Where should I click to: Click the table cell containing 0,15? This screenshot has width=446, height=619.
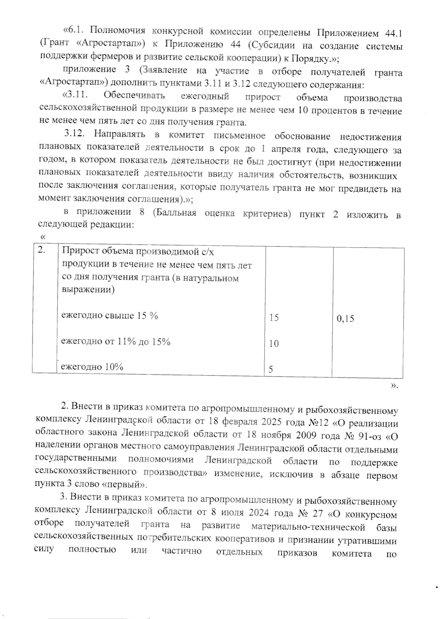pyautogui.click(x=345, y=319)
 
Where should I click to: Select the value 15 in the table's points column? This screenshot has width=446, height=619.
pyautogui.click(x=274, y=318)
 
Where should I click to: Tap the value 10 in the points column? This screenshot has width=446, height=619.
pyautogui.click(x=274, y=344)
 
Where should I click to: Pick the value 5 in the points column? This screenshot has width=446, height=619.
pyautogui.click(x=271, y=369)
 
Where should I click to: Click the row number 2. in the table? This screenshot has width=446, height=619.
pyautogui.click(x=42, y=251)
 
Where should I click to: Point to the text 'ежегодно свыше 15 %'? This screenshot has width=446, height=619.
pyautogui.click(x=110, y=316)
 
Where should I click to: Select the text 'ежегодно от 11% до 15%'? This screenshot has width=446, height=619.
pyautogui.click(x=116, y=341)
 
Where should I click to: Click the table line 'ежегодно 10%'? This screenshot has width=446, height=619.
pyautogui.click(x=92, y=367)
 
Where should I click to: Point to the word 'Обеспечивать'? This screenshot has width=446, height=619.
pyautogui.click(x=134, y=96)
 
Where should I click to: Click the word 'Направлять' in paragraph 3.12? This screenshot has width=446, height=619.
pyautogui.click(x=119, y=134)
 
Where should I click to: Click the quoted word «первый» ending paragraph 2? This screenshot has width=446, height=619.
pyautogui.click(x=125, y=485)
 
